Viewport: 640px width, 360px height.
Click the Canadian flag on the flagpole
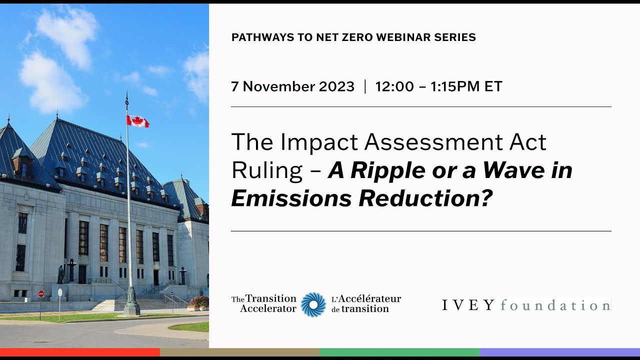coord(137,121)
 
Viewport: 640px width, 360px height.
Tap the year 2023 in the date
coord(335,86)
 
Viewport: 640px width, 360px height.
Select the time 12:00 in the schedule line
coord(394,86)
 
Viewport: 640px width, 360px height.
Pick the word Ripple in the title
coord(381,171)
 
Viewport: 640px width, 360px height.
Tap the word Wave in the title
coord(517,171)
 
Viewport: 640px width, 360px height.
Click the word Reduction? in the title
coord(425,199)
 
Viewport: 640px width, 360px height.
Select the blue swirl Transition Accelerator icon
coord(313,304)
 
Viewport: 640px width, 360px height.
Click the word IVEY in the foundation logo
coord(468,305)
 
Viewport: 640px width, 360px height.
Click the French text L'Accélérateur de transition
coord(366,304)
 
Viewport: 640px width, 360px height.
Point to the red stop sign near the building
coord(41,294)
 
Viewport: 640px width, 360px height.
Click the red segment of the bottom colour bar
coord(80,352)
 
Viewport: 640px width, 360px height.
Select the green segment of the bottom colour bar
coord(400,352)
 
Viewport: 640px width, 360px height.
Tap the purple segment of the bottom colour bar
coord(560,352)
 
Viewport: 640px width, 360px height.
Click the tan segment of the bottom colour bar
coord(240,352)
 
